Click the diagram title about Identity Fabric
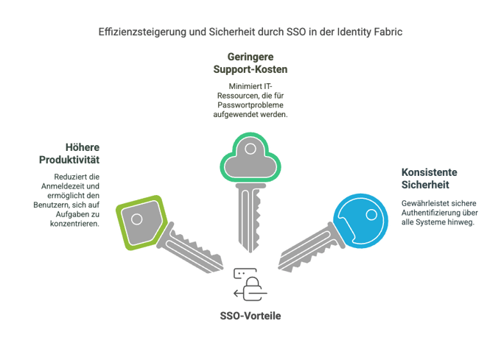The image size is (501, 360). pyautogui.click(x=251, y=32)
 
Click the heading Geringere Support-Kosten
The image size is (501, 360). pyautogui.click(x=251, y=63)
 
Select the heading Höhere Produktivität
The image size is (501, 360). pyautogui.click(x=69, y=154)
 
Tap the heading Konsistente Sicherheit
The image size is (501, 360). pyautogui.click(x=429, y=178)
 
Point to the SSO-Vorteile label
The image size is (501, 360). pyautogui.click(x=251, y=316)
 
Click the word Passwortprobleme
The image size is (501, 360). pyautogui.click(x=251, y=105)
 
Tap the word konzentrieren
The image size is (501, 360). pyautogui.click(x=74, y=224)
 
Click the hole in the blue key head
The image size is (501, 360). pyautogui.click(x=371, y=214)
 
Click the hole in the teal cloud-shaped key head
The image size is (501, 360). pyautogui.click(x=251, y=149)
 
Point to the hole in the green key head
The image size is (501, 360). pyautogui.click(x=137, y=219)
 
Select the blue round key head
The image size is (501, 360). pyautogui.click(x=361, y=221)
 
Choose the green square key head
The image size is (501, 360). pyautogui.click(x=141, y=222)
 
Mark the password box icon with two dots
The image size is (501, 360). pyautogui.click(x=245, y=274)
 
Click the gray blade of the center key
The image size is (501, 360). pyautogui.click(x=250, y=218)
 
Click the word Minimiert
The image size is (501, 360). pyautogui.click(x=241, y=86)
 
